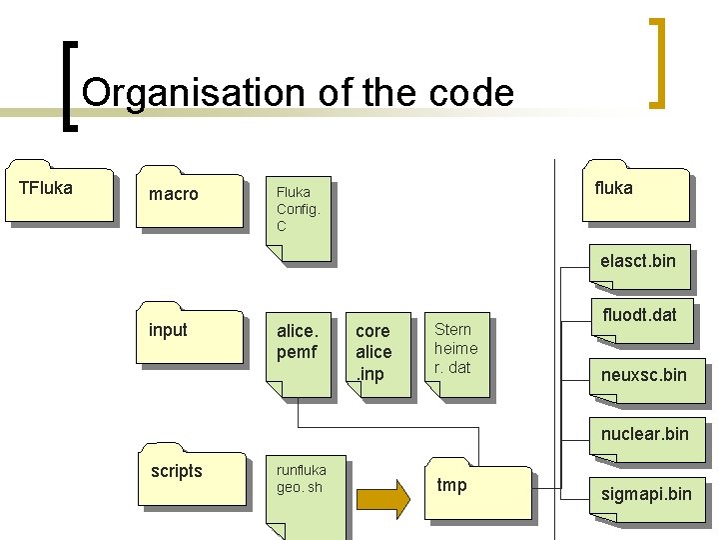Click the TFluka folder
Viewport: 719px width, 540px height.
59,191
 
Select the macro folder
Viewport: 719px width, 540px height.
191,199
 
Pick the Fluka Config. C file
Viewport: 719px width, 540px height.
297,221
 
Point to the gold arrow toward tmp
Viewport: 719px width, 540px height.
383,497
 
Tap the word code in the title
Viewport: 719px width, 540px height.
474,93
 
